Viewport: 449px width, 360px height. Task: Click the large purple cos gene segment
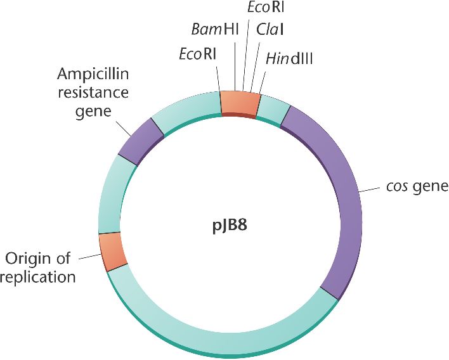336,190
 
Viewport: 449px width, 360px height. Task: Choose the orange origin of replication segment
113,251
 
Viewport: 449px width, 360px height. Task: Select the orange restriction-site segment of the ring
240,103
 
